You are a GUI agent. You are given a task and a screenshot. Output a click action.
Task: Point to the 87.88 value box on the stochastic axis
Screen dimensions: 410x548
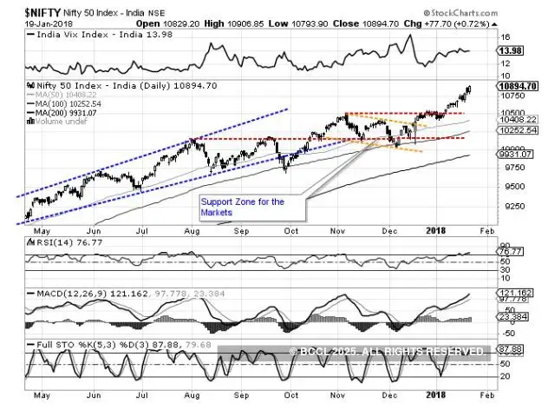[509, 349]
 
